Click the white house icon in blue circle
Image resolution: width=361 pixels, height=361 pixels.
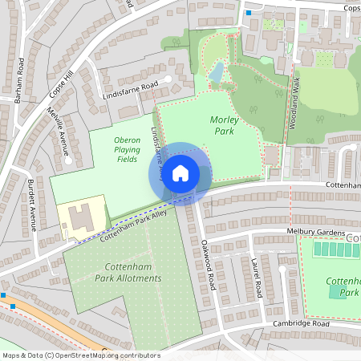(x=180, y=172)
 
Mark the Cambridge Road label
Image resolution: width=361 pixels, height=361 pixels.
(x=302, y=323)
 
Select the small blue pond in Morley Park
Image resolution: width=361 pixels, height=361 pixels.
(x=216, y=73)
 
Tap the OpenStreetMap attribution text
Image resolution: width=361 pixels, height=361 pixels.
(x=80, y=355)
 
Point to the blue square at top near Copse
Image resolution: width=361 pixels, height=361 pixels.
(x=248, y=14)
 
